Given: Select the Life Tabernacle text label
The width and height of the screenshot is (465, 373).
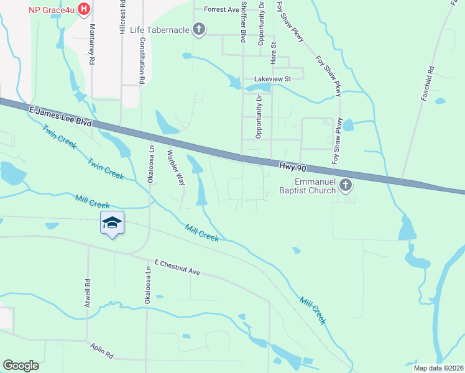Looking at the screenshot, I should click(x=160, y=29).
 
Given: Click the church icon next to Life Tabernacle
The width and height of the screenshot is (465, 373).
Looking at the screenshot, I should click(x=199, y=29).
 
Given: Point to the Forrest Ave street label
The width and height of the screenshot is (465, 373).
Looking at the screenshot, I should click(x=221, y=10).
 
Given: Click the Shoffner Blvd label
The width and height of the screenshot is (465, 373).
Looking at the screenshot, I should click(x=244, y=21).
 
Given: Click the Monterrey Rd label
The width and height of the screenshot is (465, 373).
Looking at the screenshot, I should click(x=92, y=45).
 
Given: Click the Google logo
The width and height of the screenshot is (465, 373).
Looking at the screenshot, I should click(x=21, y=366).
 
